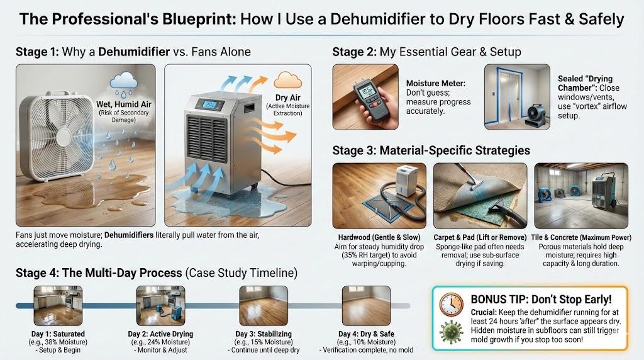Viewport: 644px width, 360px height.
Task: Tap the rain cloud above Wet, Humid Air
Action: pyautogui.click(x=124, y=81)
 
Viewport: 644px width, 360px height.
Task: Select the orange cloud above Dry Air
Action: pyautogui.click(x=287, y=80)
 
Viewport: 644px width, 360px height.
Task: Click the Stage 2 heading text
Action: pyautogui.click(x=426, y=52)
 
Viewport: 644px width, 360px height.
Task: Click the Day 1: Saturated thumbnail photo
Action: pyautogui.click(x=58, y=306)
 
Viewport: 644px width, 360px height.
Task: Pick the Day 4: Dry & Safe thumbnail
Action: pyautogui.click(x=367, y=306)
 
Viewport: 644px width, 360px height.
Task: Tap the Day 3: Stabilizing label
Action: pyautogui.click(x=264, y=334)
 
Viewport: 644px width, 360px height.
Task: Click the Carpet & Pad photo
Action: pyautogui.click(x=480, y=196)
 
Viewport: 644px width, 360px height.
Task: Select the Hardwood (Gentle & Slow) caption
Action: pyautogui.click(x=379, y=237)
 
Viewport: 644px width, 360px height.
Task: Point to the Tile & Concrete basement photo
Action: pyautogui.click(x=580, y=196)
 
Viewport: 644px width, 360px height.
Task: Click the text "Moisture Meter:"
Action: pyautogui.click(x=436, y=84)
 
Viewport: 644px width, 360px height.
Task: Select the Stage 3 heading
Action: pyautogui.click(x=431, y=150)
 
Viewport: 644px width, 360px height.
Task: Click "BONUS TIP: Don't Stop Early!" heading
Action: pyautogui.click(x=541, y=299)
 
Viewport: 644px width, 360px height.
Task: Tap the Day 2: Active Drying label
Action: pyautogui.click(x=160, y=334)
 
